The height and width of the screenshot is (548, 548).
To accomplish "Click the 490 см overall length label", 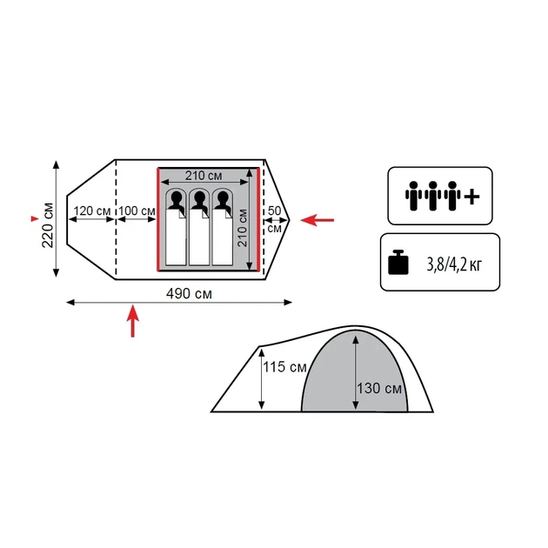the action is click(189, 294).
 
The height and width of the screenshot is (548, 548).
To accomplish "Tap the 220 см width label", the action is click(48, 225).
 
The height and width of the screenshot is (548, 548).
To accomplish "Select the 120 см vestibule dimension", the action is click(92, 211).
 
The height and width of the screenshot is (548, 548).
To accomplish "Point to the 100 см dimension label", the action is click(137, 211).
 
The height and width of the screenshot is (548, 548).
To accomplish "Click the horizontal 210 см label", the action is click(204, 176).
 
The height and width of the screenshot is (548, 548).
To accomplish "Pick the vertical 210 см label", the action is click(242, 228).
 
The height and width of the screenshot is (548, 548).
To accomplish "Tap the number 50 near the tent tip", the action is click(274, 211).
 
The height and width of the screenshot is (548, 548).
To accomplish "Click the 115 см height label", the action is click(284, 367).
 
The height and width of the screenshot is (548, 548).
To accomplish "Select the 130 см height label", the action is click(379, 388).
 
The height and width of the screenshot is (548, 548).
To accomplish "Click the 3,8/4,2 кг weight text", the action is click(454, 264).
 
